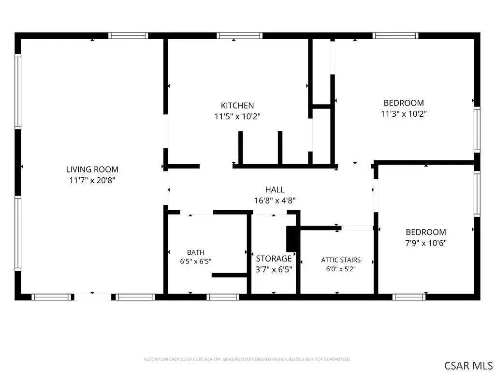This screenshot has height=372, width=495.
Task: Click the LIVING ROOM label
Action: coord(92,169)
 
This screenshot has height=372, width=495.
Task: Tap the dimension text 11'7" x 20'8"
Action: coord(92,180)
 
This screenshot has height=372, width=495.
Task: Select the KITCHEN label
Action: coord(237,105)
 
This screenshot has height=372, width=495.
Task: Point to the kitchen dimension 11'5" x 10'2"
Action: coord(237,116)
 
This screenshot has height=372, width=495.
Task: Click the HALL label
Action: coord(275,189)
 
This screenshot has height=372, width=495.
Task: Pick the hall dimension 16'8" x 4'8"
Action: coord(275,201)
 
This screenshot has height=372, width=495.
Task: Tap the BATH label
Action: coord(196,252)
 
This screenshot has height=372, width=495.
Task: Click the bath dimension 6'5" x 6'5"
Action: coord(196,262)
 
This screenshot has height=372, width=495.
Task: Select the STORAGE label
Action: coord(274,259)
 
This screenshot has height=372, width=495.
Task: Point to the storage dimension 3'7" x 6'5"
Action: coord(274,269)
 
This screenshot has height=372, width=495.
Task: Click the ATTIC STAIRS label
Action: coord(341,260)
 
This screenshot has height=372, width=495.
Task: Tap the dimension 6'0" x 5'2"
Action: coord(341,269)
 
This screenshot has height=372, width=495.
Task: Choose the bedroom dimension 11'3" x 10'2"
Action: coord(404,114)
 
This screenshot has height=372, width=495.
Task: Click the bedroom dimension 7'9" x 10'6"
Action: coord(426,243)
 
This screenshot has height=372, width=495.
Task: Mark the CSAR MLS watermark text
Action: coord(468,366)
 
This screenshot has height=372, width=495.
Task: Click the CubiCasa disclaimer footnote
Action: coord(247,359)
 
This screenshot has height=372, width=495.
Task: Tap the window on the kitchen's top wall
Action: coord(240,36)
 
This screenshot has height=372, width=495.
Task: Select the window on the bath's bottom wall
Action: coord(223,297)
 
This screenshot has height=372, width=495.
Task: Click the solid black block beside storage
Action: coord(291,239)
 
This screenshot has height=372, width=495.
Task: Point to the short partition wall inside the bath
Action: coord(229,275)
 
